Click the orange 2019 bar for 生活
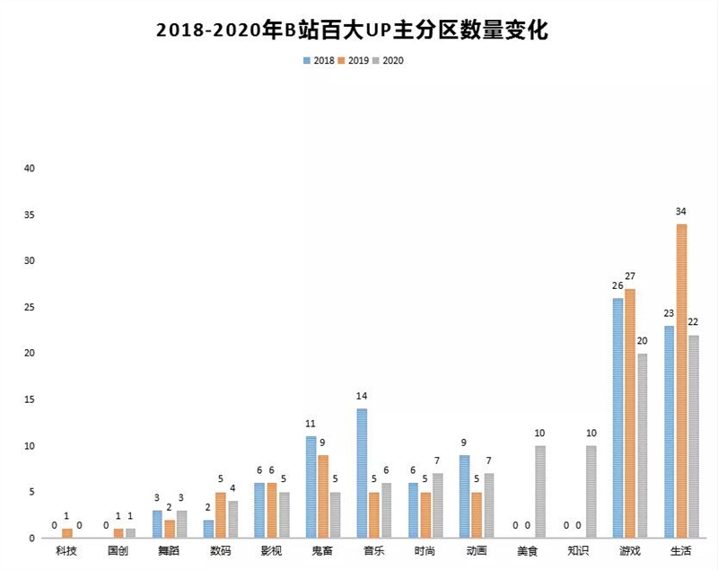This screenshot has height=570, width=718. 681,381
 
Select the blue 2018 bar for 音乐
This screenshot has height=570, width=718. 361,473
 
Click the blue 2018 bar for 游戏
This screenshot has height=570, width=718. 617,418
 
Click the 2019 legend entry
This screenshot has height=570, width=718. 354,60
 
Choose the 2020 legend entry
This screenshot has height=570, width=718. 392,60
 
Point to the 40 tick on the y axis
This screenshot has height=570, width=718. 29,169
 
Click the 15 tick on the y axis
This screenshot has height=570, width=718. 29,399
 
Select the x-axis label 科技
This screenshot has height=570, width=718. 66,550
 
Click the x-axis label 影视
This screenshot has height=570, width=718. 271,550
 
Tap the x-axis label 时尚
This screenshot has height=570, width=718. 425,550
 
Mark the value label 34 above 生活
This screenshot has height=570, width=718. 681,212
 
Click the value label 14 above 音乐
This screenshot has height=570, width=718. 361,396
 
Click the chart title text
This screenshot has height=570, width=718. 352,29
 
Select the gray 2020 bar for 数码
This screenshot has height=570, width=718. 232,520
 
